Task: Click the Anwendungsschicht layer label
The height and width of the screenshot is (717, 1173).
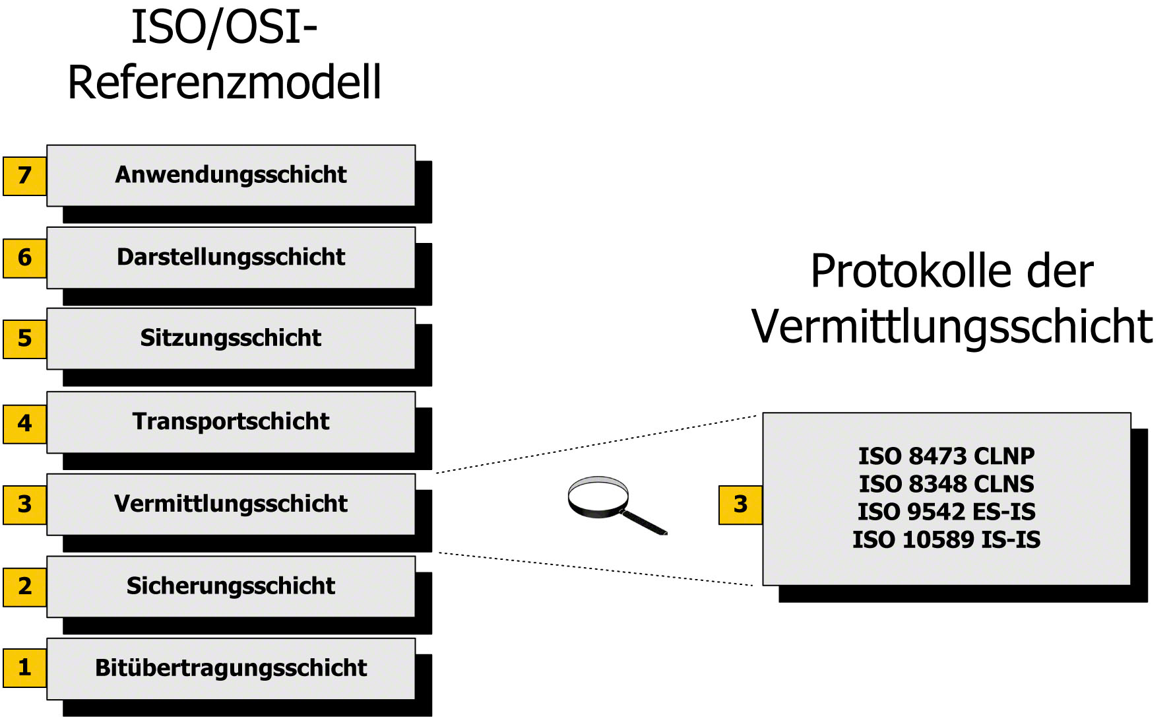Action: [x=231, y=175]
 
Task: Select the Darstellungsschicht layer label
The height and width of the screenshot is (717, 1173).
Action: [x=231, y=257]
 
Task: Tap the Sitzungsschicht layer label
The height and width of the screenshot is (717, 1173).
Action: [x=231, y=338]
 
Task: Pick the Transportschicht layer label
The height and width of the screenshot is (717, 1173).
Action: [x=231, y=421]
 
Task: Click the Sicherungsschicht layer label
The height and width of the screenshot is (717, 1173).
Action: [x=231, y=586]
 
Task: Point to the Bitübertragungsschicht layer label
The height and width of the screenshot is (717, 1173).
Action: [x=231, y=667]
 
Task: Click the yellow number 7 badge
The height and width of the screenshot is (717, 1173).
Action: [x=24, y=176]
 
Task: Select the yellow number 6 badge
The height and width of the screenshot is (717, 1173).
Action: [x=24, y=257]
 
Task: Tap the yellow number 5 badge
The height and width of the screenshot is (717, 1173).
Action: [x=24, y=339]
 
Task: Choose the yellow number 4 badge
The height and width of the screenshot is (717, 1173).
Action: [x=24, y=423]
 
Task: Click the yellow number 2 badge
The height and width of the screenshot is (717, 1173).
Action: [x=24, y=586]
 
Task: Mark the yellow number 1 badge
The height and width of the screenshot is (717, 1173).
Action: [x=24, y=667]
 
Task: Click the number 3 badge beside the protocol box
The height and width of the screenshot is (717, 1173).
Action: [x=740, y=505]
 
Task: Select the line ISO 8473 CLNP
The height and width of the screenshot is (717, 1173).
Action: [x=946, y=456]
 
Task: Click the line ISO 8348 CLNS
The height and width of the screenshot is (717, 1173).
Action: [x=946, y=484]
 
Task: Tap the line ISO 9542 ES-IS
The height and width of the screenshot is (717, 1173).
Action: [x=946, y=512]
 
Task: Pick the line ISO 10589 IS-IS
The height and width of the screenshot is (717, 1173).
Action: [x=946, y=539]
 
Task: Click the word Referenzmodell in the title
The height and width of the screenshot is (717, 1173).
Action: [x=224, y=83]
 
